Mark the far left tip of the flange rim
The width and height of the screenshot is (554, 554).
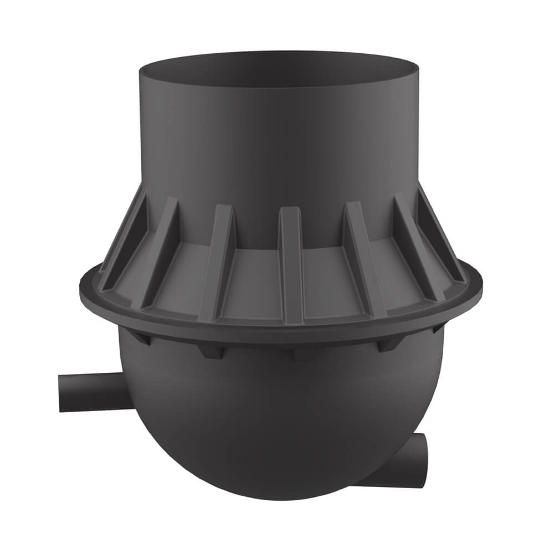click(80, 285)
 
